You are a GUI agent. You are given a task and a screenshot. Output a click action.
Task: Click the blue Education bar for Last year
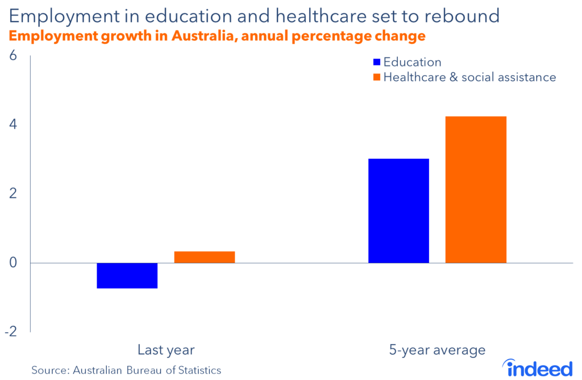pos(127,275)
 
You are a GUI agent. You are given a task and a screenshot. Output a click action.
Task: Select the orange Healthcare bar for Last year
pos(205,257)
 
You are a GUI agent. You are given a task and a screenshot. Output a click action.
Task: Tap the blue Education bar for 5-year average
pos(398,210)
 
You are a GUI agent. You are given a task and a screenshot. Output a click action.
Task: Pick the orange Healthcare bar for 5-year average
pos(476,189)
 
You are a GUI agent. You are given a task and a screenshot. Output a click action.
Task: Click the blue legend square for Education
pos(376,62)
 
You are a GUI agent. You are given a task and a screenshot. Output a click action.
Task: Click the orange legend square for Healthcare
pos(376,77)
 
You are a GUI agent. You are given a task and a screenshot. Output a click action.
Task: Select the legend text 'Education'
pos(412,62)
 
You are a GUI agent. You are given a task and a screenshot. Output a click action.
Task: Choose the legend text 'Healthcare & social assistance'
pos(469,77)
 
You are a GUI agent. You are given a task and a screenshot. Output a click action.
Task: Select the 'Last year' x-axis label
pos(166,349)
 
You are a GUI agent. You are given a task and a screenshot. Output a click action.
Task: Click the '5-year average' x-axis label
pos(437,349)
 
